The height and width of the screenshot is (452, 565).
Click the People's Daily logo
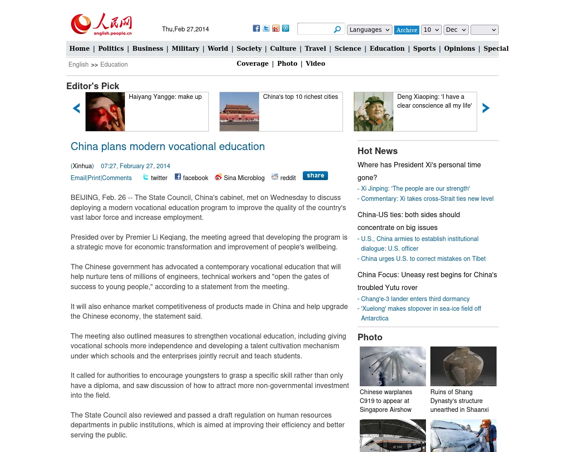tap(102, 24)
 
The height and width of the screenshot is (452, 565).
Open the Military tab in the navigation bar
tap(185, 49)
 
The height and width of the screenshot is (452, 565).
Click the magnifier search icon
tap(337, 30)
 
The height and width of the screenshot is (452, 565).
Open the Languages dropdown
tap(369, 30)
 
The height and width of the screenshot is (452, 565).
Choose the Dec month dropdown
tap(456, 30)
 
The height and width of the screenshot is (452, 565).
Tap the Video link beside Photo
tap(315, 64)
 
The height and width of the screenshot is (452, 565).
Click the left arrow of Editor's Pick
tap(76, 108)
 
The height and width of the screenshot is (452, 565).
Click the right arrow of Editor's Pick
tap(486, 108)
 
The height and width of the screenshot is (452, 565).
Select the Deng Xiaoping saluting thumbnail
tap(373, 112)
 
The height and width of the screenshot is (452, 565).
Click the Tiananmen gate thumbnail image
tap(239, 112)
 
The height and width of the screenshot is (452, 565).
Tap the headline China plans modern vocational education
tap(168, 147)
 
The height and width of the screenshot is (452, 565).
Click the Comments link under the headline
tap(117, 178)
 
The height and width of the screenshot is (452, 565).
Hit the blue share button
tap(315, 176)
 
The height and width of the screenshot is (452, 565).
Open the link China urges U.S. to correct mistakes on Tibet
tap(423, 259)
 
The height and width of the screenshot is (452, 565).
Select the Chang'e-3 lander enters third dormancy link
tap(415, 299)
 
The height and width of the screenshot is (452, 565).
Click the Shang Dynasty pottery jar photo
tap(463, 366)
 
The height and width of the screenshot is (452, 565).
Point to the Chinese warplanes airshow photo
tap(393, 366)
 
